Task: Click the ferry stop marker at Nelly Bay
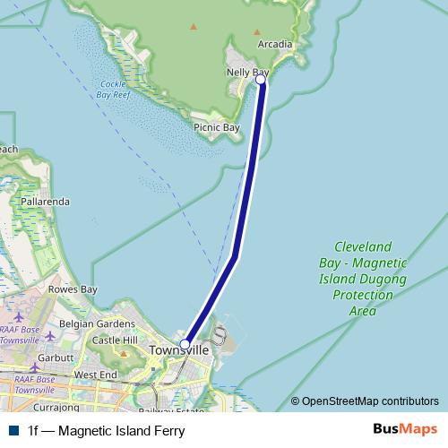[x=261, y=80]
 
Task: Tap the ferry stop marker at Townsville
[x=185, y=344]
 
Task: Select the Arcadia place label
[x=274, y=44]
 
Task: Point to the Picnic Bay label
[x=217, y=128]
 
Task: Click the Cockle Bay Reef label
[x=115, y=88]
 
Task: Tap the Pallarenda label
[x=45, y=202]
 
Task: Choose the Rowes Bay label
[x=73, y=289]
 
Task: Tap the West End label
[x=96, y=375]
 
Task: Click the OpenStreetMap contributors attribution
[x=365, y=401]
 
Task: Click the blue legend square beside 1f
[x=13, y=431]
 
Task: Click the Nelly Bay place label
[x=247, y=72]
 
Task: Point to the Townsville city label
[x=179, y=350]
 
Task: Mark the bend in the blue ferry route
[x=236, y=256]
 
